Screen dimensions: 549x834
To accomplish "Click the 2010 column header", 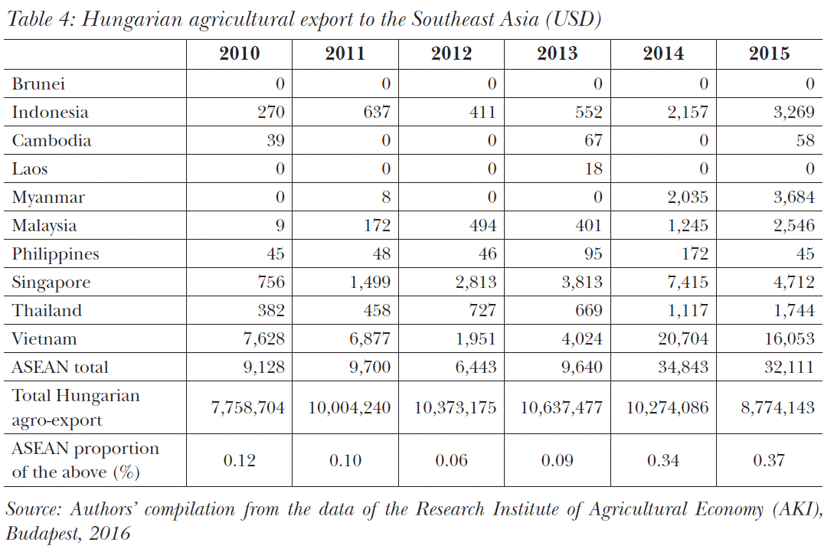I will click(x=239, y=54).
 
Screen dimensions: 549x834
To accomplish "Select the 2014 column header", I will click(x=663, y=54).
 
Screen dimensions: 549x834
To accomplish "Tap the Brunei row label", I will click(x=38, y=83).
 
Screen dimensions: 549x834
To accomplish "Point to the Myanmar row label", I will click(x=48, y=198).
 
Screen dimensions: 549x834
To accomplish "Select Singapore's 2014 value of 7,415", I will click(x=687, y=283).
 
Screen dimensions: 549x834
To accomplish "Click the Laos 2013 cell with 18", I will click(x=594, y=169).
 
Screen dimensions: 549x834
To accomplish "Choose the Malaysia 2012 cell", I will click(x=482, y=226).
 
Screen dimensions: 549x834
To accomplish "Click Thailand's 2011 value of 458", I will click(x=376, y=311).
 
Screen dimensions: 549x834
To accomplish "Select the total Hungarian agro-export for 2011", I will click(x=349, y=408).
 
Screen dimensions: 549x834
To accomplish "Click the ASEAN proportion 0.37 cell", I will click(x=770, y=460).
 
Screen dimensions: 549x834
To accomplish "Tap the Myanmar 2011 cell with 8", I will click(x=385, y=198).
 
